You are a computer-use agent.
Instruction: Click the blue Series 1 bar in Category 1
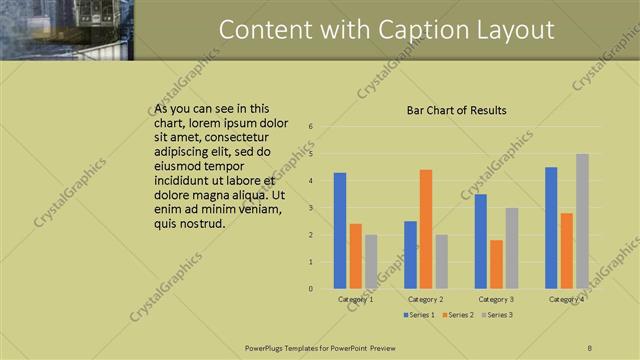point(340,230)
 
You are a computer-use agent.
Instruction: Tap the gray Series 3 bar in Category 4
point(582,221)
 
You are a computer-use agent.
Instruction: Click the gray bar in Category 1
point(371,261)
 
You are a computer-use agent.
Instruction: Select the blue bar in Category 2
point(410,254)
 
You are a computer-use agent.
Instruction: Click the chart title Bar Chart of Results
point(456,111)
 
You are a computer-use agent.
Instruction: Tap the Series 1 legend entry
point(418,315)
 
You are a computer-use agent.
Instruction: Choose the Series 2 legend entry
point(457,315)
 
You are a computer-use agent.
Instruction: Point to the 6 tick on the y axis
point(312,127)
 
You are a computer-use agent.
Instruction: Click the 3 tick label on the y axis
point(312,208)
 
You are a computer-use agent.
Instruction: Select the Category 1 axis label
point(356,299)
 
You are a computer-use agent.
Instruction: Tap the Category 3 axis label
point(496,299)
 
